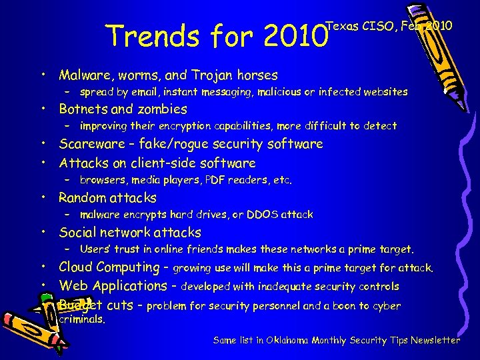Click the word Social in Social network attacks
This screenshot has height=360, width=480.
tap(76, 233)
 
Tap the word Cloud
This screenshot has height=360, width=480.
tap(76, 267)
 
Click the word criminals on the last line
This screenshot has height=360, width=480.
tap(82, 319)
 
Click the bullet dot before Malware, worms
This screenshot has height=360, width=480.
tap(42, 75)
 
